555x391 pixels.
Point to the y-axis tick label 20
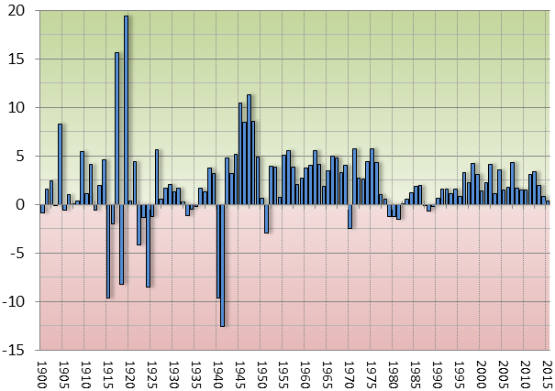19,11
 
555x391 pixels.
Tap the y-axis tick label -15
17,350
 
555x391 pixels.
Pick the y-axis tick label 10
19,107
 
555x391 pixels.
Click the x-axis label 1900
41,373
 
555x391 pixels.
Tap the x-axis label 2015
547,373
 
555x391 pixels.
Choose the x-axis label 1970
350,373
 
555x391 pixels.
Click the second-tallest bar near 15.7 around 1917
117,128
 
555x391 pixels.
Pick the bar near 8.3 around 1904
60,164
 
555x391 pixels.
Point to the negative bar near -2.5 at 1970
350,216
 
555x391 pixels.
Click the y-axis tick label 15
19,59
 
